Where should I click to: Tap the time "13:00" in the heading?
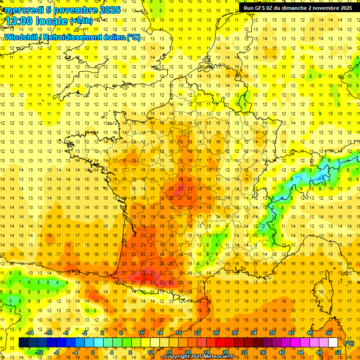tap(22, 21)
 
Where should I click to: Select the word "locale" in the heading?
tap(53, 21)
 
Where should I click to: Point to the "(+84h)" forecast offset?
tap(82, 21)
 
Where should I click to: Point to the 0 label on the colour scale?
tap(92, 352)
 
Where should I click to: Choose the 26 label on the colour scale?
tap(216, 333)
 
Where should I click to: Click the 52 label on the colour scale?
tap(338, 352)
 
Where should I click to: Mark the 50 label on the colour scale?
tap(329, 333)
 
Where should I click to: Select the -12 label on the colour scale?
tap(39, 352)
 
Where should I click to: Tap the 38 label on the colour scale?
tap(272, 333)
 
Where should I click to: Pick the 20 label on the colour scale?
tap(188, 352)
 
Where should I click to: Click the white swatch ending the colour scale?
tap(333, 343)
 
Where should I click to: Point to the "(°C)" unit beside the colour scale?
tap(349, 343)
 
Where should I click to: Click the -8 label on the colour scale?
tap(58, 352)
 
